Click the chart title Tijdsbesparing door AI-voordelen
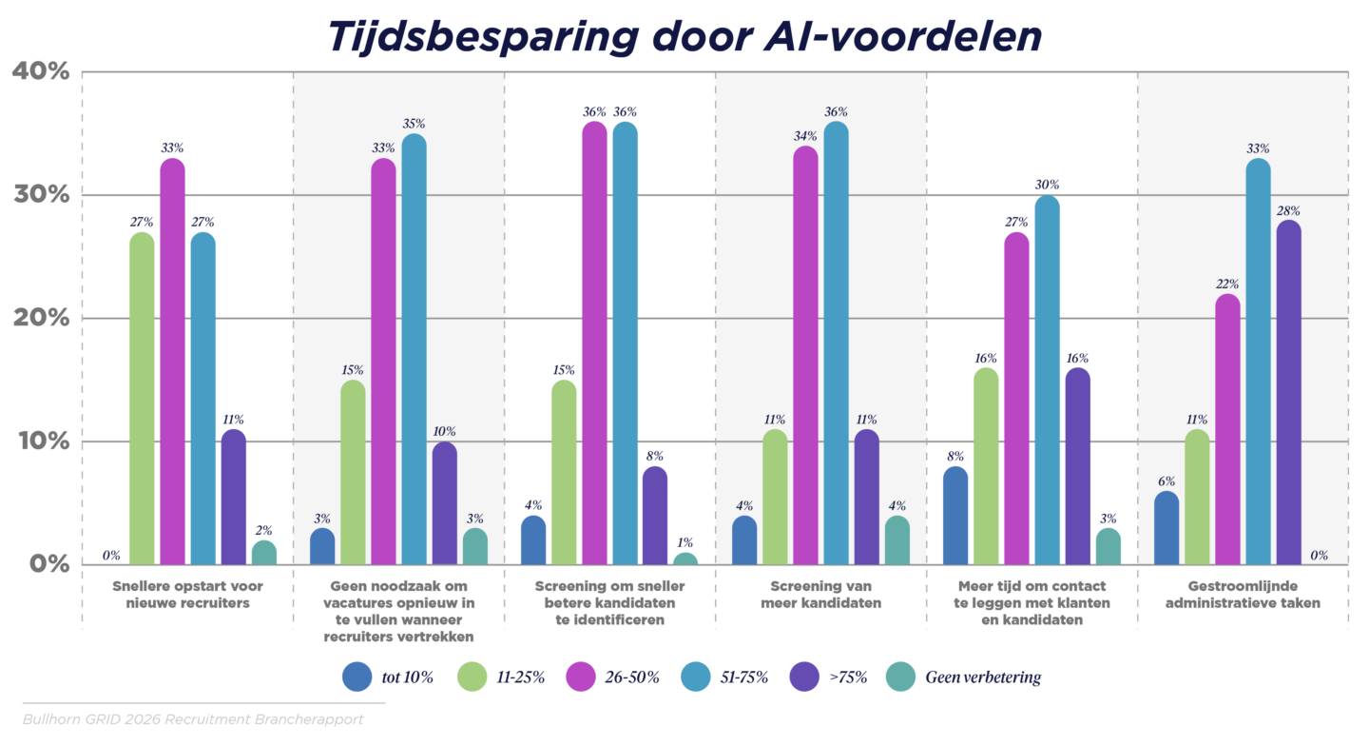tap(684, 35)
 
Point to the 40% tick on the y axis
tap(40, 71)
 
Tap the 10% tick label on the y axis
tap(40, 442)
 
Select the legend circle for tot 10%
tap(357, 677)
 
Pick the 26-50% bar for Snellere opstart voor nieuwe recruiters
tap(172, 362)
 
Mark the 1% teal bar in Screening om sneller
tap(684, 559)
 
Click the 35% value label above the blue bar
tap(414, 124)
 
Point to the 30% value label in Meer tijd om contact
tap(1047, 185)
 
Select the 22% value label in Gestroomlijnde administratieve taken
tap(1228, 284)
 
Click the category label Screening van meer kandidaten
tap(820, 595)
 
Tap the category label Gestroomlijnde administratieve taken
tap(1243, 595)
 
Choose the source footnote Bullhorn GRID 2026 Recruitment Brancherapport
tap(193, 719)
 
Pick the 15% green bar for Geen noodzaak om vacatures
tap(353, 472)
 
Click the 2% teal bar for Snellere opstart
tap(263, 553)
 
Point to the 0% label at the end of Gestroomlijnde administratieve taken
tap(1318, 555)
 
